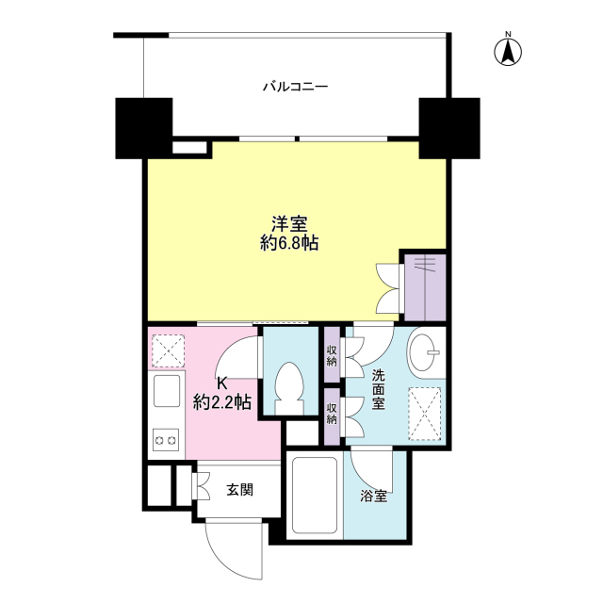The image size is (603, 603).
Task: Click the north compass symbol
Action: [x=506, y=51]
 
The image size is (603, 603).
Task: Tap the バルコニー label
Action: [x=295, y=88]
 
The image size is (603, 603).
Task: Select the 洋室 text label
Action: [x=289, y=223]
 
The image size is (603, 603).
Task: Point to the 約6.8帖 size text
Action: [x=289, y=244]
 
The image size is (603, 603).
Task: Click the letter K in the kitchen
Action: [x=222, y=383]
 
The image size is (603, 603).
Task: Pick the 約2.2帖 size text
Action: [x=222, y=402]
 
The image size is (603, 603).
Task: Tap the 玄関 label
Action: [x=239, y=489]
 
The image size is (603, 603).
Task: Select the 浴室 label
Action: [x=373, y=497]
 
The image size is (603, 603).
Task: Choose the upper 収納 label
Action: [x=332, y=355]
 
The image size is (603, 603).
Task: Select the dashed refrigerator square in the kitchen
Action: [x=170, y=350]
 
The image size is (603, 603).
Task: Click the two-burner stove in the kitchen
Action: [x=167, y=439]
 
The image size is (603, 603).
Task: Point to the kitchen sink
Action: [x=167, y=390]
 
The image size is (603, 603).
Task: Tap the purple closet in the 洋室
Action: [x=423, y=285]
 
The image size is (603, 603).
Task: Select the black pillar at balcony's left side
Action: [x=143, y=127]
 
